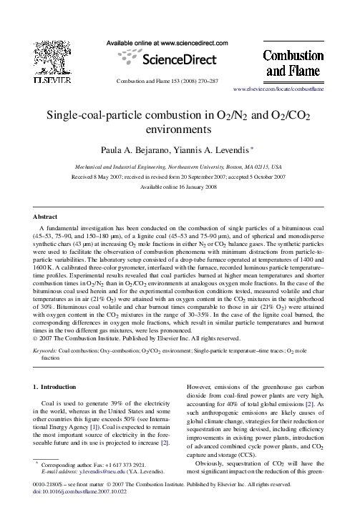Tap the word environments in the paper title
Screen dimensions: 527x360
point(180,131)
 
